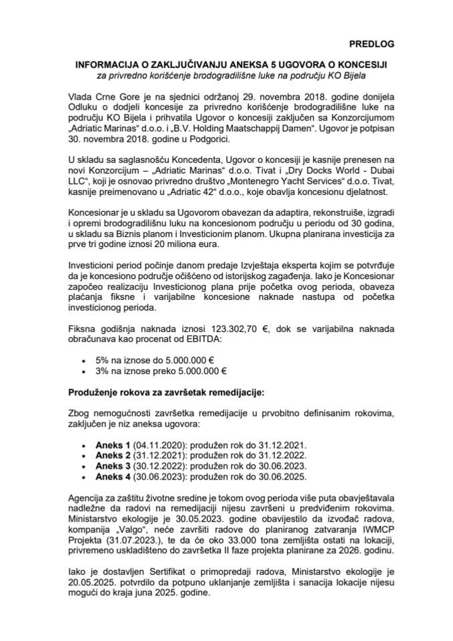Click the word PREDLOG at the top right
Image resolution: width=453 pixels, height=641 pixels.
coord(371,44)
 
